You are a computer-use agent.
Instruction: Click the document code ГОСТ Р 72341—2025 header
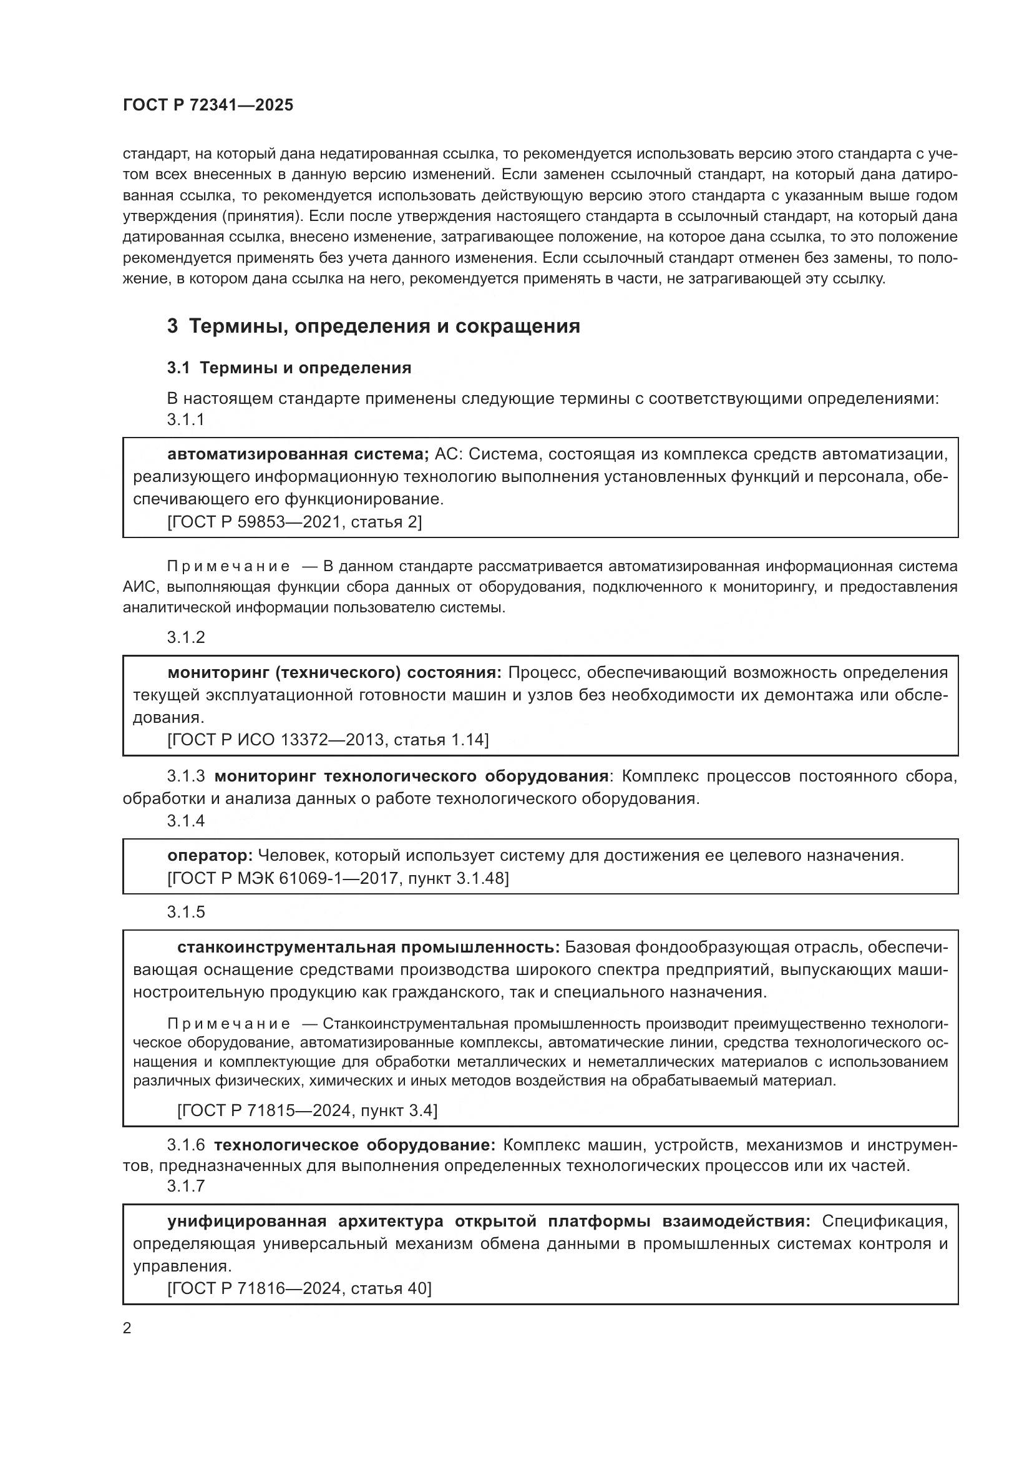coord(208,105)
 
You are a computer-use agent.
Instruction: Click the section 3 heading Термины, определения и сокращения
coord(374,326)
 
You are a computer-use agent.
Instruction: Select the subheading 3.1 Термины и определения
coord(289,368)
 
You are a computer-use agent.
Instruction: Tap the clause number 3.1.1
coord(185,419)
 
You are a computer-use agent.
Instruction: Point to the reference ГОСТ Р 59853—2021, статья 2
coord(295,522)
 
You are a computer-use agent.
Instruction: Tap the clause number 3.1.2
coord(185,638)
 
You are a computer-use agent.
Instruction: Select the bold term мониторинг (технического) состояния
coord(334,673)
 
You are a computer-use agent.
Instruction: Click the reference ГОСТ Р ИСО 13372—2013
coord(328,740)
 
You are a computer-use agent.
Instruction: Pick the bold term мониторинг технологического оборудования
coord(411,777)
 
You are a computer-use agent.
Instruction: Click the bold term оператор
coord(210,856)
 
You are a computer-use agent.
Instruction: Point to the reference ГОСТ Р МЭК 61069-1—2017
coord(338,879)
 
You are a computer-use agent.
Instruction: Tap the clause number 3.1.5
coord(185,913)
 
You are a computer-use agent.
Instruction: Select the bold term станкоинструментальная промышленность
coord(368,948)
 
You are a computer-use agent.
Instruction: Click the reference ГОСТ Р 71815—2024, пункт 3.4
coord(307,1111)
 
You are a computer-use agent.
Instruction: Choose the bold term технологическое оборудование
coord(354,1145)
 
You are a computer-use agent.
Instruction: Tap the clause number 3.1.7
coord(185,1187)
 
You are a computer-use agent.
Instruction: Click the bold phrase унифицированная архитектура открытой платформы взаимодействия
coord(489,1222)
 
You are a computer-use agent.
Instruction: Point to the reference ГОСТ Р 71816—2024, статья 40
coord(299,1289)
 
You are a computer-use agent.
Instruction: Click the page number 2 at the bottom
coord(127,1328)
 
